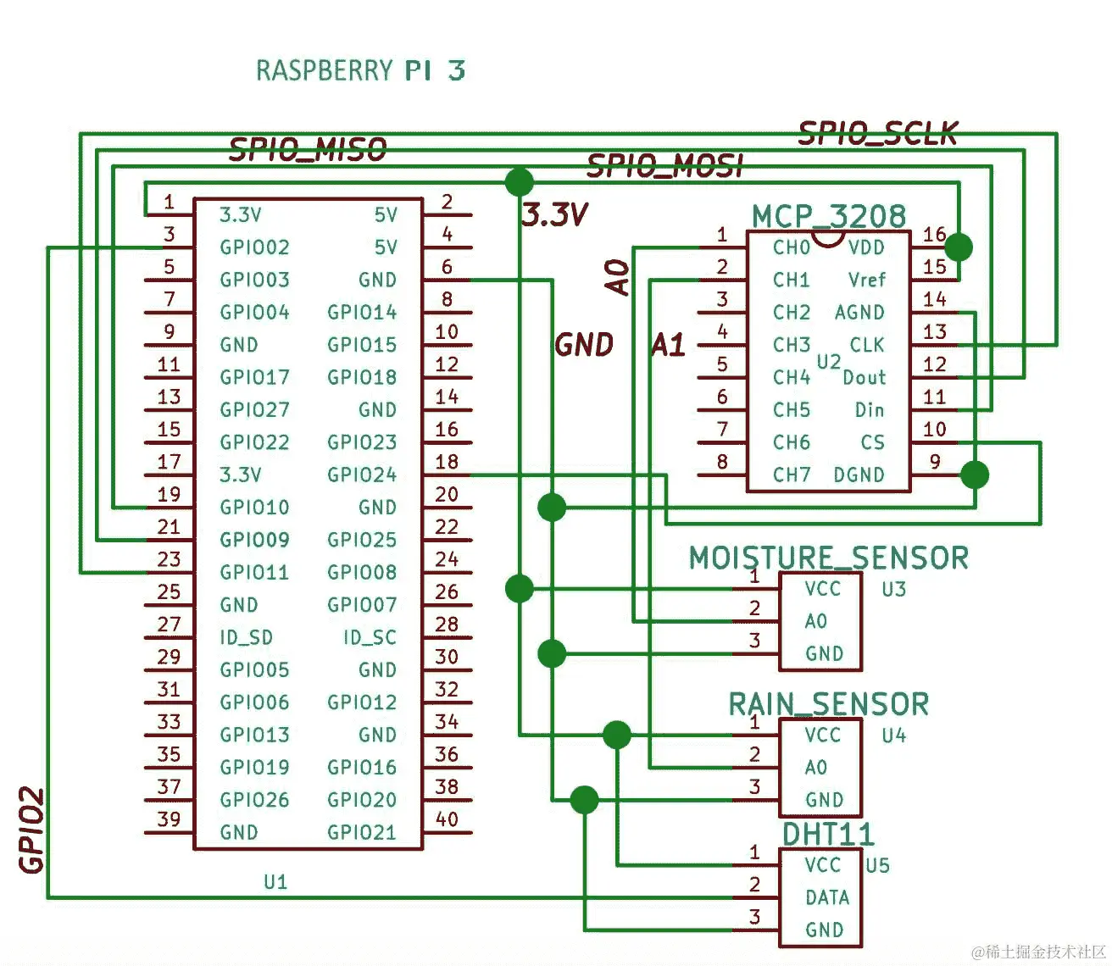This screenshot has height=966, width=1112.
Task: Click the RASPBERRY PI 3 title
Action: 360,70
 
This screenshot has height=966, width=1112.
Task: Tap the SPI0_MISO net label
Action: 308,151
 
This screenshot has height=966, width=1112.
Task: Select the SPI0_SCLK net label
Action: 878,133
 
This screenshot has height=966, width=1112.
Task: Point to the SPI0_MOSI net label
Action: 664,166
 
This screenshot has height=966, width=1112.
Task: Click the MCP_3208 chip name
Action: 828,216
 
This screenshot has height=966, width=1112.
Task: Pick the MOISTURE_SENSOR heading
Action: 828,558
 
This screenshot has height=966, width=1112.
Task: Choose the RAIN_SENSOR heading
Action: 828,704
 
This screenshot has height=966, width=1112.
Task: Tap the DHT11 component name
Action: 827,834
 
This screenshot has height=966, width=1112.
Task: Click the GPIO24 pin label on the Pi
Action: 362,475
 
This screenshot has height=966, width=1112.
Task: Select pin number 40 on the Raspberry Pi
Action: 447,819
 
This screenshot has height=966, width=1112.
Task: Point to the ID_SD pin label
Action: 246,637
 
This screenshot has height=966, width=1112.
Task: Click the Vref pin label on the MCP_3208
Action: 866,280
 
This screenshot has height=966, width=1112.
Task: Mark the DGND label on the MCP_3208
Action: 859,475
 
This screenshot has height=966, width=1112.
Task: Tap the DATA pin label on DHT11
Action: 826,897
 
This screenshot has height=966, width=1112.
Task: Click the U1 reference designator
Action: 275,882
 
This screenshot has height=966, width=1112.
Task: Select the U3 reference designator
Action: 893,589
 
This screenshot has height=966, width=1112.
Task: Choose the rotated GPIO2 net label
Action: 31,830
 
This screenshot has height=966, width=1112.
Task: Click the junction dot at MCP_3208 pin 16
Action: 959,247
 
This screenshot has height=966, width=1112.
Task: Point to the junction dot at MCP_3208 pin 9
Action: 975,475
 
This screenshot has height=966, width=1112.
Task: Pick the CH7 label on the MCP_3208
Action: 792,475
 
